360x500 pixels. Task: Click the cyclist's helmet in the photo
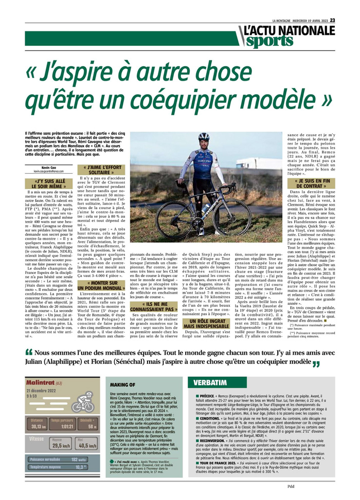204,137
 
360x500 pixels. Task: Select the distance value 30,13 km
38,426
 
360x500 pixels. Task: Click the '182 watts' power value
78,459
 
